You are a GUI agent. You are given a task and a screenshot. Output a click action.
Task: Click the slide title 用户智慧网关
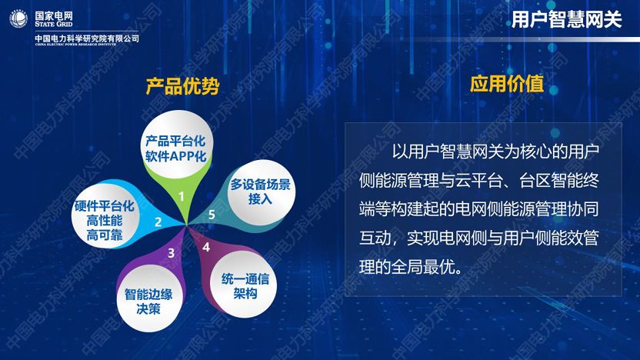(566, 20)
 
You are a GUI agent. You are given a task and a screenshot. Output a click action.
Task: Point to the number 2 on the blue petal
(158, 222)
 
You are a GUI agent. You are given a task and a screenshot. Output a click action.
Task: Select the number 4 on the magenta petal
(205, 247)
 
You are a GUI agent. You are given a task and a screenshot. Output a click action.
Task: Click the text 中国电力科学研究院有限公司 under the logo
(87, 38)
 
